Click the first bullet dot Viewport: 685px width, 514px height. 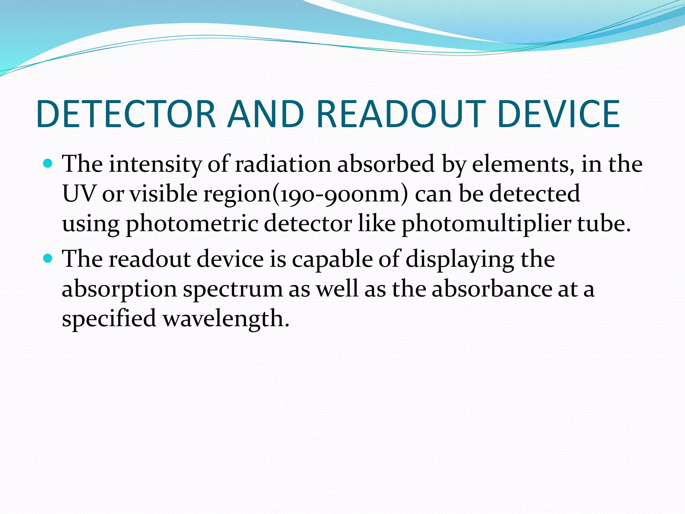pos(48,164)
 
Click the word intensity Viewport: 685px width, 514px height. pos(155,165)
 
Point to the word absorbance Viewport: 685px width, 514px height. pos(492,289)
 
